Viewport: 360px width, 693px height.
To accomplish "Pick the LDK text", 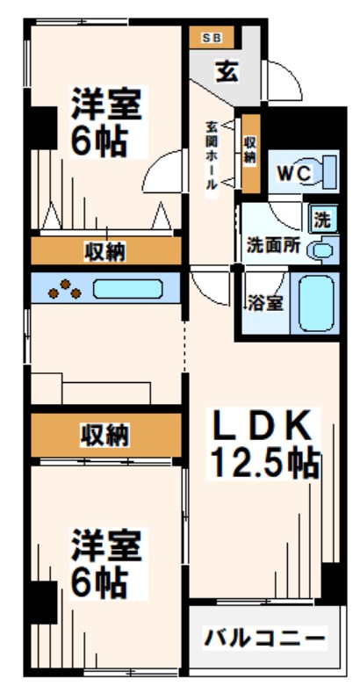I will click(262, 428).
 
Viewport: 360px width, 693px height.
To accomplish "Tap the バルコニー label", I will click(265, 638).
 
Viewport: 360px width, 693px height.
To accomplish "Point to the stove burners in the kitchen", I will click(63, 289).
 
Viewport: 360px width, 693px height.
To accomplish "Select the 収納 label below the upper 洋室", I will click(106, 253).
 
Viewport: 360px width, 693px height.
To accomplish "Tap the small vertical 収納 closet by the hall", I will click(251, 153).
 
